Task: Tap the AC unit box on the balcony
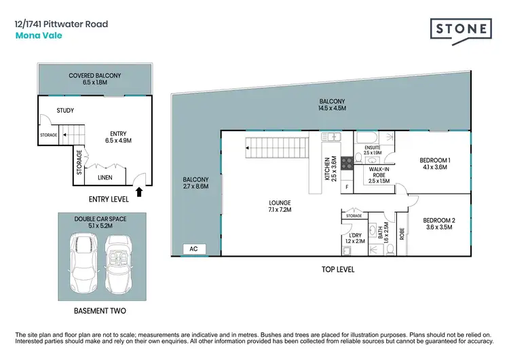point(193,249)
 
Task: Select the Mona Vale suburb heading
point(39,36)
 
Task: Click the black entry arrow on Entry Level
point(140,192)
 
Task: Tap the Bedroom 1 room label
point(434,163)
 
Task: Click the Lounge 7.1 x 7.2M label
point(279,206)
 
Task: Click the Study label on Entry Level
point(66,110)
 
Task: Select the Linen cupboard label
point(105,178)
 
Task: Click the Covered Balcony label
point(94,79)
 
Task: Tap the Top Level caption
point(338,270)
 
